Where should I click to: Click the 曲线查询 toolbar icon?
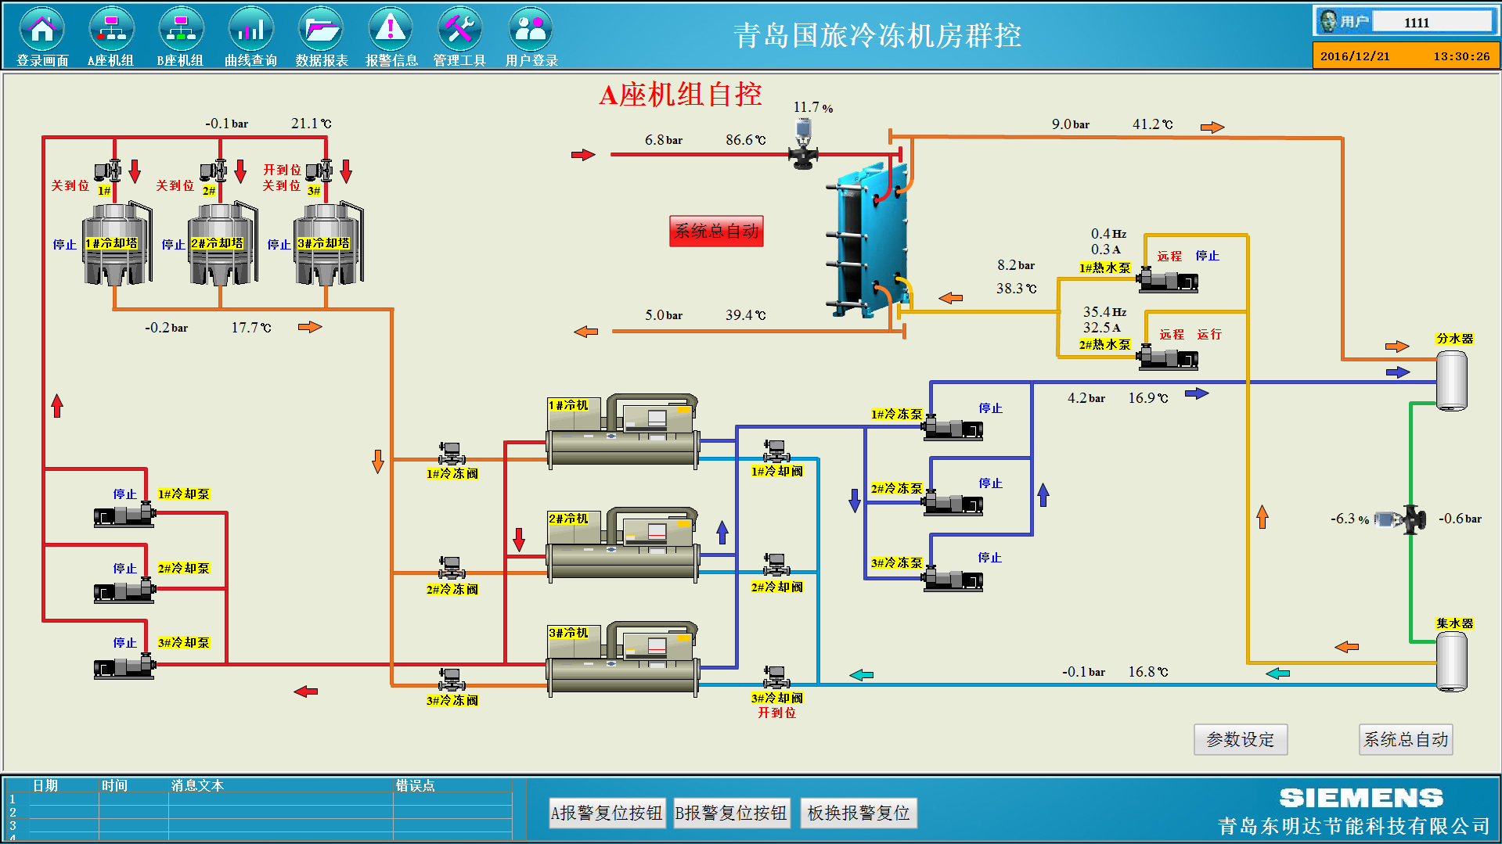point(250,30)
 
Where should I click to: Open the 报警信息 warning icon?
point(391,30)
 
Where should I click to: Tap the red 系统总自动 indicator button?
point(716,231)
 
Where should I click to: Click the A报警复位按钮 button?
point(607,813)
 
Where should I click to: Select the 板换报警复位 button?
point(859,813)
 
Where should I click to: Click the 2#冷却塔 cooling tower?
point(222,243)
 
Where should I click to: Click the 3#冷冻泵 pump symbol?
point(953,579)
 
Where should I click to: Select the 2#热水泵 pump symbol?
point(1168,357)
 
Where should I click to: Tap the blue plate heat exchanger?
point(869,239)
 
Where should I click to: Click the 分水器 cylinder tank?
point(1451,380)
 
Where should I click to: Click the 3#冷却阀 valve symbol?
point(776,677)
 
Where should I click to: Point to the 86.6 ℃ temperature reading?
point(746,140)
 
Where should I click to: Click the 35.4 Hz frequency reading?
point(1104,312)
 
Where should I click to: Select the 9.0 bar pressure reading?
point(1070,124)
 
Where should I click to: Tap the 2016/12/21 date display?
point(1355,56)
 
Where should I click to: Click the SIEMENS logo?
point(1361,798)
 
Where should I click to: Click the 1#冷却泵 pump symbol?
point(125,515)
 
